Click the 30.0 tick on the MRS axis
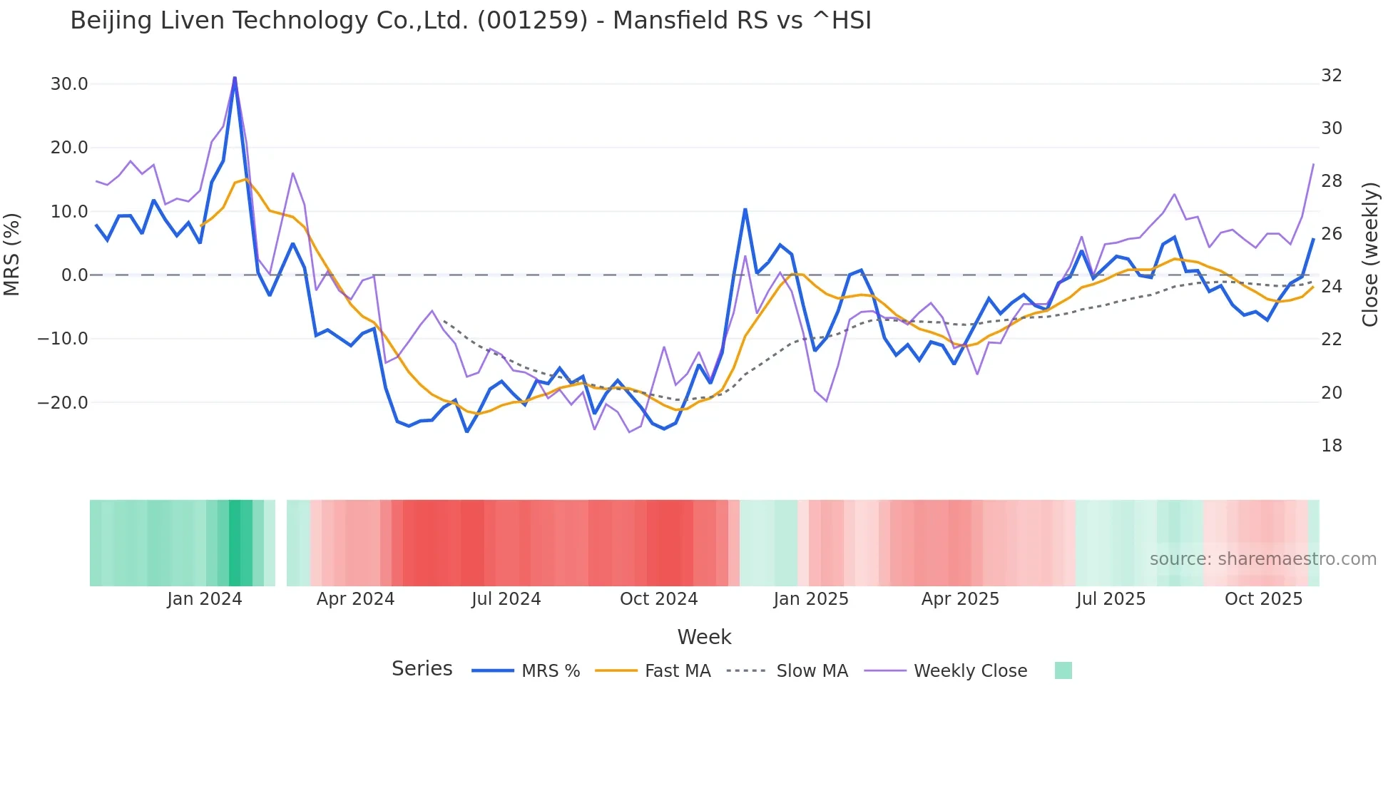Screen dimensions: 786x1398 (x=69, y=84)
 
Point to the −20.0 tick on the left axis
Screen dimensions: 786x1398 (x=63, y=402)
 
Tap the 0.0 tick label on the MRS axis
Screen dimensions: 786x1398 (x=75, y=275)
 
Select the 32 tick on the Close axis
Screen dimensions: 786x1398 (x=1331, y=76)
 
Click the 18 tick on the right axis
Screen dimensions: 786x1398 (x=1331, y=446)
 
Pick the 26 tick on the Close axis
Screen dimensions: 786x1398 (x=1331, y=234)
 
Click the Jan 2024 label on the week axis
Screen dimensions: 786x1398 (x=205, y=599)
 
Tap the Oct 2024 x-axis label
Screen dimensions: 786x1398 (x=658, y=599)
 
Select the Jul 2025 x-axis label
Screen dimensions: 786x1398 (x=1111, y=599)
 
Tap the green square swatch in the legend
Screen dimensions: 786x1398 (x=1063, y=670)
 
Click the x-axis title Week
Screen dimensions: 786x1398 (x=704, y=637)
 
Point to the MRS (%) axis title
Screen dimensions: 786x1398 (x=12, y=254)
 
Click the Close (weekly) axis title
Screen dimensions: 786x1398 (x=1369, y=254)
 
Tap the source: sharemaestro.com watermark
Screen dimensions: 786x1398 (x=1262, y=559)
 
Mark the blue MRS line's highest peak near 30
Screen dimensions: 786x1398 (x=235, y=78)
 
